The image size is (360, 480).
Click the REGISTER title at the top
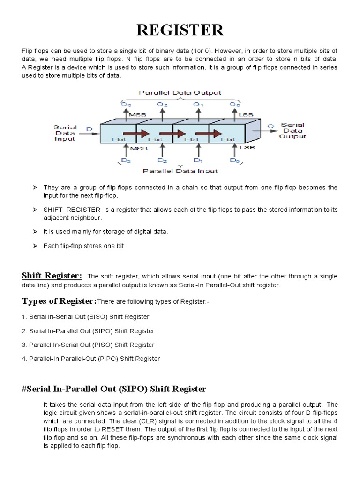(180, 30)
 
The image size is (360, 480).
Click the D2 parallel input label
(162, 160)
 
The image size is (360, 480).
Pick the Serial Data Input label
(65, 132)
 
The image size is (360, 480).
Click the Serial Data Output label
(292, 130)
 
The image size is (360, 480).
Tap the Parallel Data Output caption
(180, 92)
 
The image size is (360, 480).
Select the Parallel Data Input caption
(180, 171)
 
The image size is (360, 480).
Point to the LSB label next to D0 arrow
(247, 148)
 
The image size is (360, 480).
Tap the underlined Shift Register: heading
(52, 275)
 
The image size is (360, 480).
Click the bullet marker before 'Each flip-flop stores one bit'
(35, 246)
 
